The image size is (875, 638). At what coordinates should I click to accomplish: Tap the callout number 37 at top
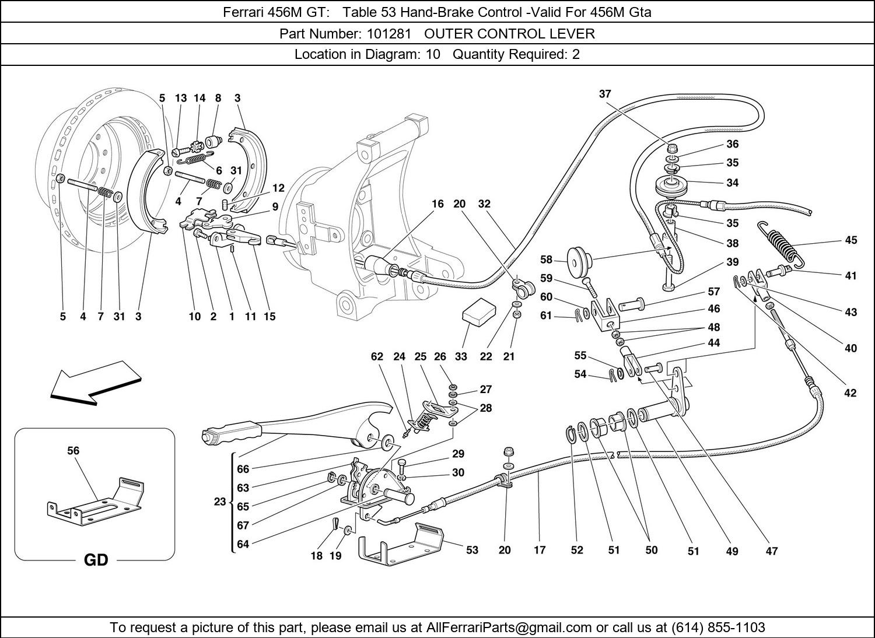coord(605,94)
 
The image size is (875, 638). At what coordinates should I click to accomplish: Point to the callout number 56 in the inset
coord(73,450)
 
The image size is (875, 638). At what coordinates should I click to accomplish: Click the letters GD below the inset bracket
coord(96,560)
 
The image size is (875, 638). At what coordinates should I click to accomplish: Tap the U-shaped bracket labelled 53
coord(402,542)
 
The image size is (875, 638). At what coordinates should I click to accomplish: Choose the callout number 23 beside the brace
coord(219,502)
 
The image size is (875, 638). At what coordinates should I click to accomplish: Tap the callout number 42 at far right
coord(850,392)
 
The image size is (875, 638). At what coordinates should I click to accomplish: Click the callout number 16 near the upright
coord(437,204)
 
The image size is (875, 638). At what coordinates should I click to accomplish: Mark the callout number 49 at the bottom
coord(731,551)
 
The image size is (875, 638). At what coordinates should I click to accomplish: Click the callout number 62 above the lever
coord(377,356)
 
